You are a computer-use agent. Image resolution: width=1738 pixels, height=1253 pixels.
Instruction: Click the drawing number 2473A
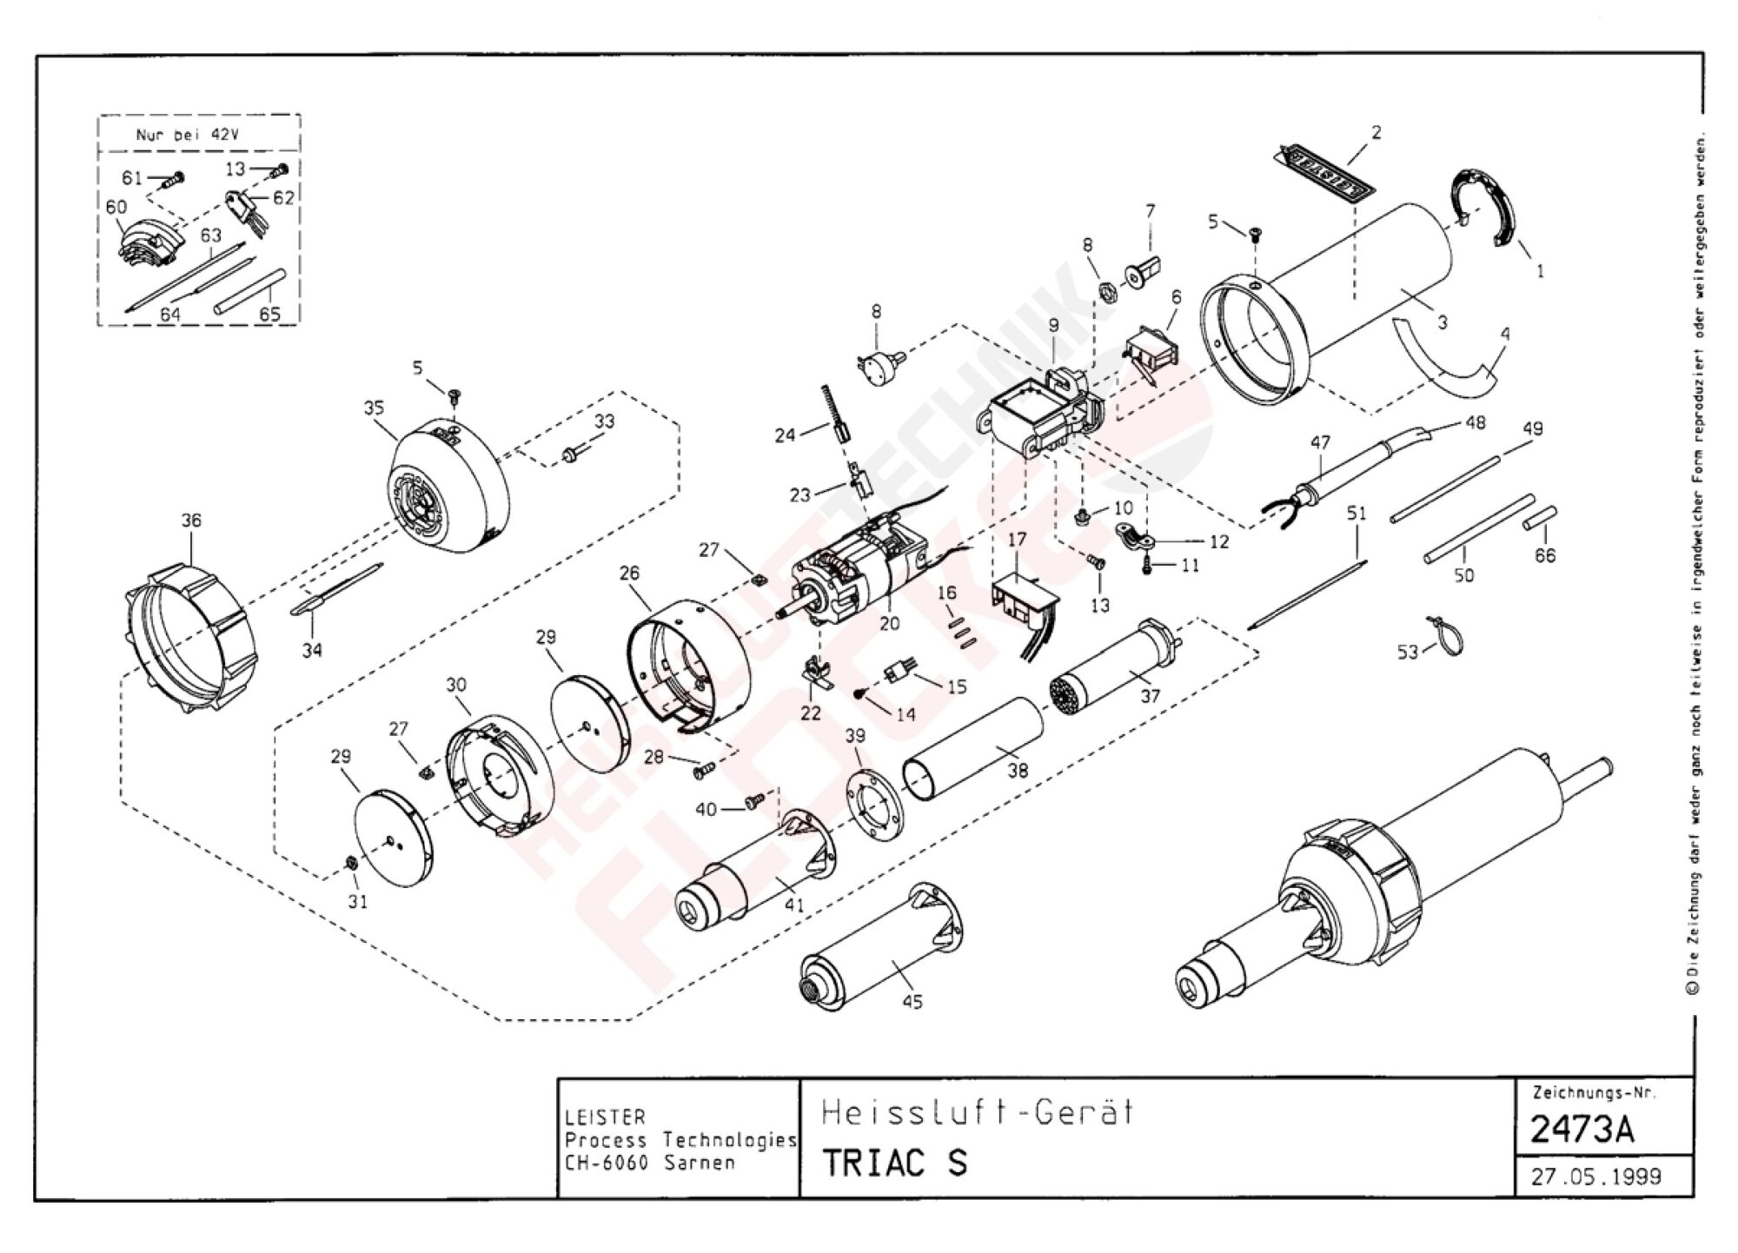pyautogui.click(x=1582, y=1129)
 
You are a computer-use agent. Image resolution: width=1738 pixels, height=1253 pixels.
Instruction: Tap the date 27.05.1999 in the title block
pyautogui.click(x=1595, y=1177)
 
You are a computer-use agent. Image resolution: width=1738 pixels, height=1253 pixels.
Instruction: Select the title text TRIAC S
pyautogui.click(x=894, y=1163)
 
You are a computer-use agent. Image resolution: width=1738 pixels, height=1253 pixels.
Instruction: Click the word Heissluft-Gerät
pyautogui.click(x=978, y=1112)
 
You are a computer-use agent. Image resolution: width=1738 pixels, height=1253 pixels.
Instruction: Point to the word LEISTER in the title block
pyautogui.click(x=605, y=1117)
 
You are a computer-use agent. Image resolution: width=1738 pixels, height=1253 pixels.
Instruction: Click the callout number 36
pyautogui.click(x=191, y=520)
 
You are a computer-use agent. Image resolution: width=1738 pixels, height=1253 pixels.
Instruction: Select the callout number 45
pyautogui.click(x=912, y=1002)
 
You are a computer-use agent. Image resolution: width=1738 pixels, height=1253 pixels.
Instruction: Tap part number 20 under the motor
pyautogui.click(x=889, y=623)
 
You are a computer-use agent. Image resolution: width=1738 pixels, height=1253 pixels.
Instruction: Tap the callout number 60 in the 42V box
pyautogui.click(x=116, y=207)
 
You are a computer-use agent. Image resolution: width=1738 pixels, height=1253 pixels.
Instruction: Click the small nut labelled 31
pyautogui.click(x=352, y=863)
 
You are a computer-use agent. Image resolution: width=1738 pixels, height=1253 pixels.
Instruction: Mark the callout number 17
pyautogui.click(x=1018, y=539)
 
